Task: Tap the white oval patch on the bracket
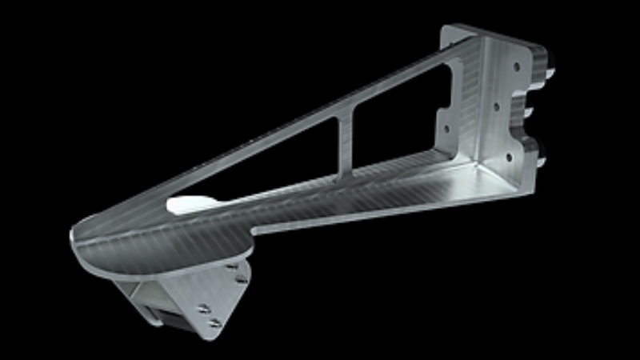click(x=190, y=204)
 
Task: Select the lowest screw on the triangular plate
click(x=214, y=323)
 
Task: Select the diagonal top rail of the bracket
click(x=320, y=112)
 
